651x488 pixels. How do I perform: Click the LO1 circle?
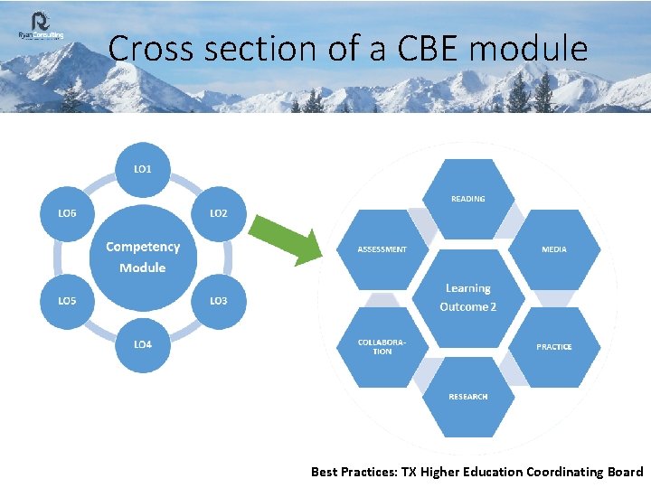(143, 169)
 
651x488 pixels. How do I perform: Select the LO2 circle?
(219, 213)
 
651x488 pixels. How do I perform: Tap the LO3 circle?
(219, 300)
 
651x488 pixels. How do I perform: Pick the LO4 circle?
(143, 343)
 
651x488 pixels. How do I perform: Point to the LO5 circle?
(67, 300)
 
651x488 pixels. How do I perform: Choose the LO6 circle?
(67, 213)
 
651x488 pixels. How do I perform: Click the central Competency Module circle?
(143, 257)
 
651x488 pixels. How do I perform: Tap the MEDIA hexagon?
(554, 249)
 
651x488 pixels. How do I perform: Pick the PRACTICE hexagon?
(554, 346)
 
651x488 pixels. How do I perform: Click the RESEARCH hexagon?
(467, 396)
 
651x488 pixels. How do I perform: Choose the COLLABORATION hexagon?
(382, 346)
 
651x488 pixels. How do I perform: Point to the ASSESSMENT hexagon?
(382, 249)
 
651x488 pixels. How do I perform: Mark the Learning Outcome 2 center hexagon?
(467, 297)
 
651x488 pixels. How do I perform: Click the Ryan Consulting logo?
(41, 27)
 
